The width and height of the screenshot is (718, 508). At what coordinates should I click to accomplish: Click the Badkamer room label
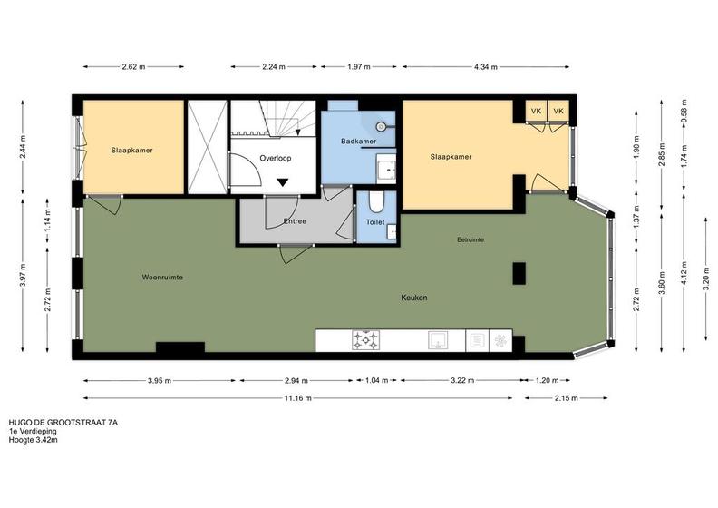tap(358, 142)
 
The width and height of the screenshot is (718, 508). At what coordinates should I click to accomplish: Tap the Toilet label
tap(375, 222)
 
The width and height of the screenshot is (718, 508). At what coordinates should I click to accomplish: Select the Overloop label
tap(276, 158)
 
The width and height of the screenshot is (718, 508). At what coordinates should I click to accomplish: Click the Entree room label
tap(295, 221)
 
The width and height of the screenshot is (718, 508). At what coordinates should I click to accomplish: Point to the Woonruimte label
tap(162, 278)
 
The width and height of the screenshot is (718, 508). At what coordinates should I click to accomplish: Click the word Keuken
tap(414, 298)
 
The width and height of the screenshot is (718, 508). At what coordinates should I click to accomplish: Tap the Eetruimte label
tap(471, 239)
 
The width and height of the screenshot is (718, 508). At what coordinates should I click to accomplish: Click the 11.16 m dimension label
tap(297, 398)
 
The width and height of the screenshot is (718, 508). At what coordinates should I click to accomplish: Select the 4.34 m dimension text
tap(485, 67)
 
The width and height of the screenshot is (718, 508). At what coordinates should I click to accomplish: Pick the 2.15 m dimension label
tap(566, 398)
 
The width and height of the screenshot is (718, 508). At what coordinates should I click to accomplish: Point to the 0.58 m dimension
tap(684, 111)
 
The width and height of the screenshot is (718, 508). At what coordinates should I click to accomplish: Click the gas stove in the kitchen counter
tap(365, 340)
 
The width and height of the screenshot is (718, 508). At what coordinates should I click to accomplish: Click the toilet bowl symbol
tap(376, 202)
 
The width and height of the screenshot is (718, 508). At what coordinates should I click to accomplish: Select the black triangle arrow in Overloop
tap(283, 182)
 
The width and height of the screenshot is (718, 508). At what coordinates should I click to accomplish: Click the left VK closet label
tap(536, 112)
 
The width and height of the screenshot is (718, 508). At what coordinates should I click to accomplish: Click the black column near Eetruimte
tap(519, 273)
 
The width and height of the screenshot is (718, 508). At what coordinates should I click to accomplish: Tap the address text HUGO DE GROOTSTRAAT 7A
tap(63, 423)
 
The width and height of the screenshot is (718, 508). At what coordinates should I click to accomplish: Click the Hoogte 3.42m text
tap(34, 440)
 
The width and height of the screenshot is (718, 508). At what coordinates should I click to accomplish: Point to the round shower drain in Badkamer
tap(380, 125)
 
